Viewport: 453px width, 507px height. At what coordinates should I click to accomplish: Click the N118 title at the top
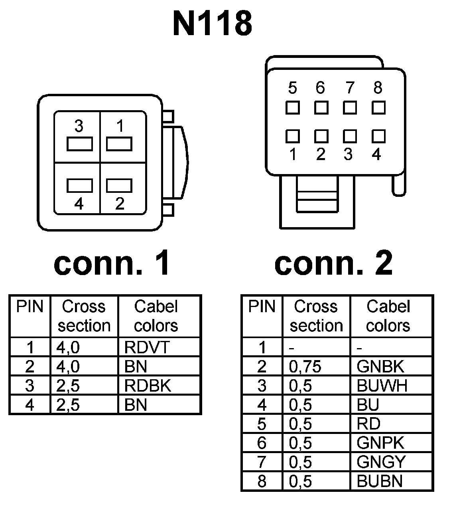[212, 23]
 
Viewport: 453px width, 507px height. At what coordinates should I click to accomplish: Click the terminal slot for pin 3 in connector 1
[79, 144]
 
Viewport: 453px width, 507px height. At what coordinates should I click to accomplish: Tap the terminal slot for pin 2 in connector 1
[119, 186]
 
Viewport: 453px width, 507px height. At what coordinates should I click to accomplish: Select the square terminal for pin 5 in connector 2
[292, 108]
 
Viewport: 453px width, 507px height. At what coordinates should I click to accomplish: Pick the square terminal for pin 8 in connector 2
[378, 108]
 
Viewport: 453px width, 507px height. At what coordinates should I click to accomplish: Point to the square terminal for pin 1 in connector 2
[292, 136]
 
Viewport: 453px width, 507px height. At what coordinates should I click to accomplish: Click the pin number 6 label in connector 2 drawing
[320, 88]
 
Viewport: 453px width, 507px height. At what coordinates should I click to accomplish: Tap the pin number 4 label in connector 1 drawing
[79, 204]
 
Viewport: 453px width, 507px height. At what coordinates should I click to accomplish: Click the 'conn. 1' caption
[112, 263]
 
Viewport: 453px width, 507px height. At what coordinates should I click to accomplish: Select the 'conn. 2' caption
[333, 263]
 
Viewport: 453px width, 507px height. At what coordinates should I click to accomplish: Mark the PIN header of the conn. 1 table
[30, 307]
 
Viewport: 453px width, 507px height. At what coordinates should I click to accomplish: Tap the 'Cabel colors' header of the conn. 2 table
[388, 316]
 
